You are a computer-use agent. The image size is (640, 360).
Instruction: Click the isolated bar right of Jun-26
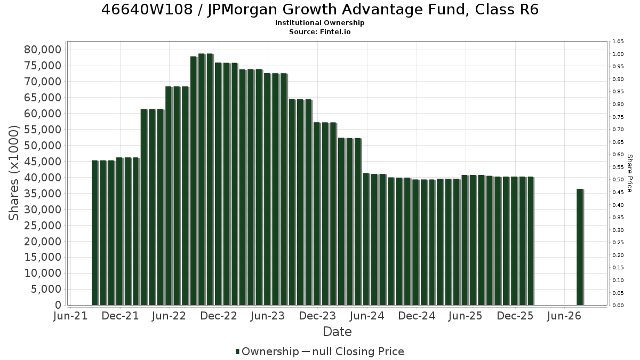(580, 247)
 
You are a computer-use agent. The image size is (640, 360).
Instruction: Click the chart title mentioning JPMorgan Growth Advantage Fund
(320, 10)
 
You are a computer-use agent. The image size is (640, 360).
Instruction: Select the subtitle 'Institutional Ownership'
(319, 23)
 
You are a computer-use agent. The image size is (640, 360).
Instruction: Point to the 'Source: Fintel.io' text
(319, 31)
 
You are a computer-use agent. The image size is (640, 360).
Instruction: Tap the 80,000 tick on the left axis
(43, 50)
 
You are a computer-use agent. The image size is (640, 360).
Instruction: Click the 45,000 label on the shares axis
(43, 162)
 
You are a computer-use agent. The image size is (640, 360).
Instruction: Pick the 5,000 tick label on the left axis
(46, 289)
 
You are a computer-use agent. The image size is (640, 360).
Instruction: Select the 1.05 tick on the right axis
(618, 42)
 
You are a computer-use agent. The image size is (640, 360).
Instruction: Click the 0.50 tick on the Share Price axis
(618, 180)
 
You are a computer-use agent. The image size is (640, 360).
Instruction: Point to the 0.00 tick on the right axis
(618, 306)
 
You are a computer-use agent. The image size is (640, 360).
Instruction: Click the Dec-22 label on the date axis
(219, 316)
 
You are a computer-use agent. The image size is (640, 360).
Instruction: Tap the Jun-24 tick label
(367, 316)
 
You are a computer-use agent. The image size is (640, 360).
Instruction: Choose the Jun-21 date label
(70, 316)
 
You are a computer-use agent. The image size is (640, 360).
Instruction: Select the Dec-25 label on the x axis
(515, 316)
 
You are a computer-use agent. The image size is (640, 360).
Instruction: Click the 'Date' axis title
(337, 332)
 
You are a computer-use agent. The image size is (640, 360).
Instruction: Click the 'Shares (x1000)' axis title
(13, 173)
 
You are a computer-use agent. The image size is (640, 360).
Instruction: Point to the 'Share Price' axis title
(629, 173)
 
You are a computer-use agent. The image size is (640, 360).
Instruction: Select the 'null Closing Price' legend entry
(353, 351)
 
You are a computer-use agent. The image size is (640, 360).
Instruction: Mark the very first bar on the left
(95, 233)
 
